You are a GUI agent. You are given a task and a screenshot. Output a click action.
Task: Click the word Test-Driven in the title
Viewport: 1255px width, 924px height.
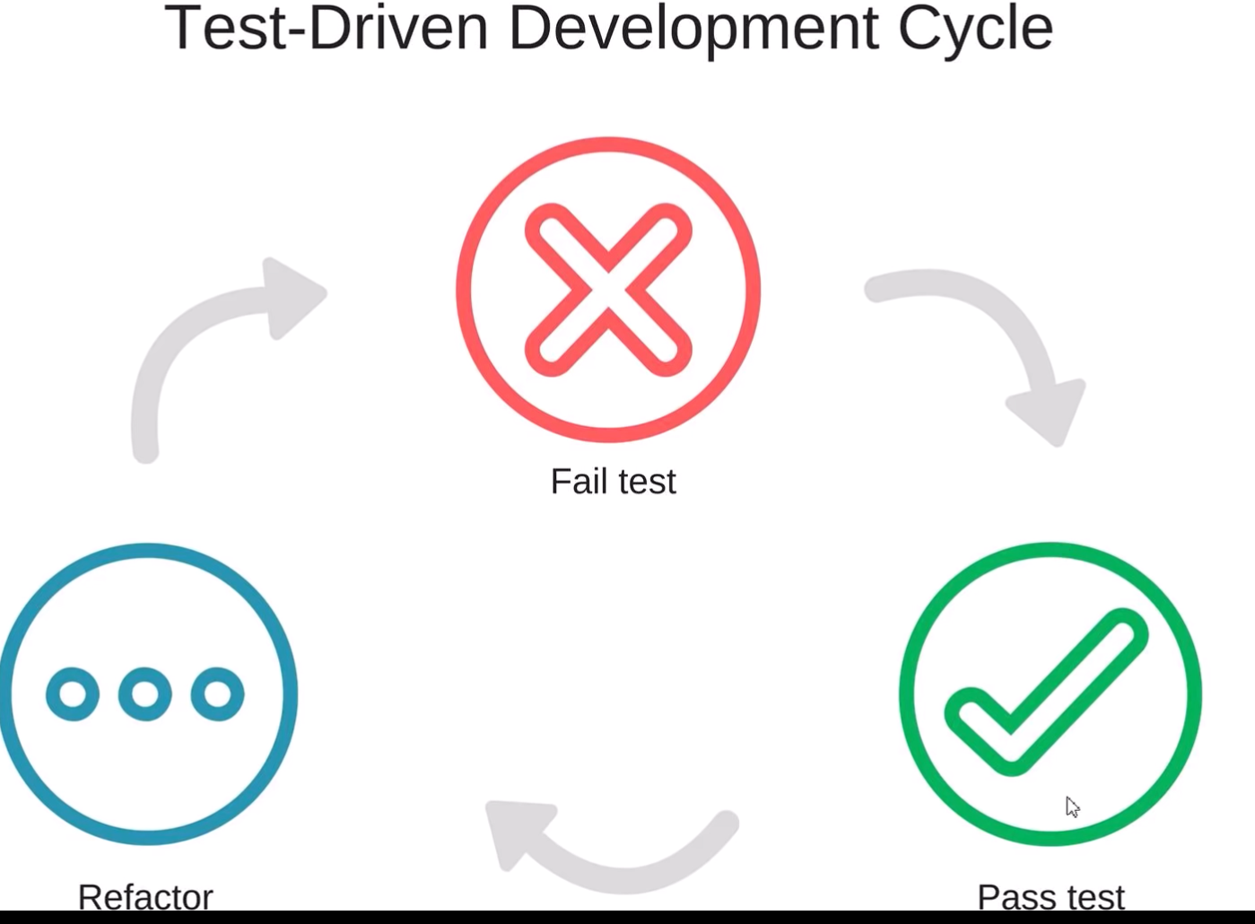pyautogui.click(x=326, y=28)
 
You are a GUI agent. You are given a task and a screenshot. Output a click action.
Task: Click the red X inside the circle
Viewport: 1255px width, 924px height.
pyautogui.click(x=608, y=290)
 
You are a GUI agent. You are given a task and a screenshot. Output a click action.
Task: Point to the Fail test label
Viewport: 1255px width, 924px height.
pyautogui.click(x=614, y=481)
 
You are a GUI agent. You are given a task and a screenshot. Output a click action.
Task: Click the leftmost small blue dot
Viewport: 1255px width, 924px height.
pyautogui.click(x=73, y=693)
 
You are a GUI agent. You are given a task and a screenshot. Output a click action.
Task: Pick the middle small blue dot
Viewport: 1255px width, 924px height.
pyautogui.click(x=145, y=693)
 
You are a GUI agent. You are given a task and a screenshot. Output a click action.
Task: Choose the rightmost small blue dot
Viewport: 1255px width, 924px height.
pyautogui.click(x=217, y=693)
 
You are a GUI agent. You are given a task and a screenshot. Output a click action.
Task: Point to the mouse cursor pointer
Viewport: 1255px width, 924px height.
pyautogui.click(x=1072, y=806)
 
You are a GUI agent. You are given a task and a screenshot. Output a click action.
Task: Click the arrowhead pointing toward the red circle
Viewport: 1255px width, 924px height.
pyautogui.click(x=292, y=297)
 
